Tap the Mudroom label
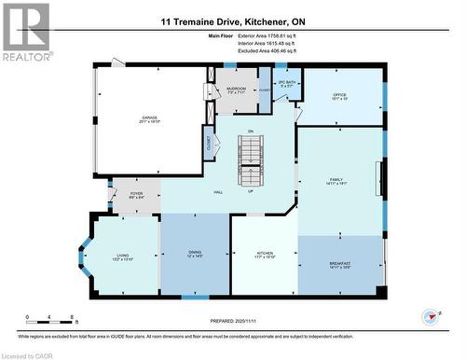click(236, 90)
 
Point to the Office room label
click(341, 95)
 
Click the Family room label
click(336, 181)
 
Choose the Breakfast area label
click(340, 265)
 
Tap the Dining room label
click(195, 253)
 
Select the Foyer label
click(136, 195)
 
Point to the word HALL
click(217, 191)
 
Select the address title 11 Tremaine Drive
click(233, 21)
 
